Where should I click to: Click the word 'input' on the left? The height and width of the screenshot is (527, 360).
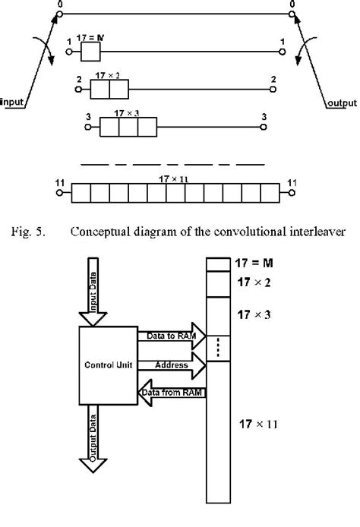(14, 100)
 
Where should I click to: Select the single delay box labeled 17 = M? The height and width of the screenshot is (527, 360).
(90, 52)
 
